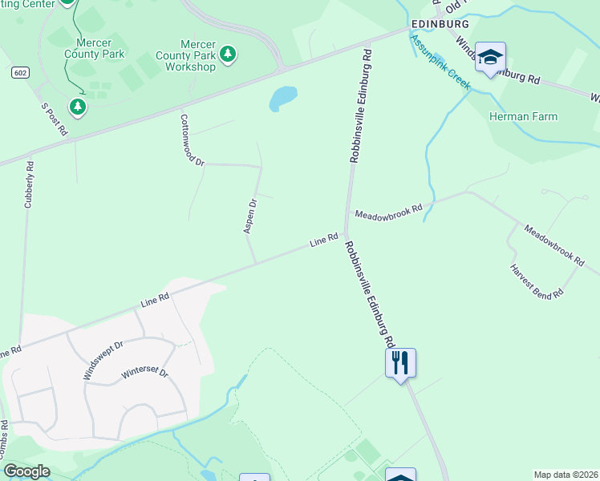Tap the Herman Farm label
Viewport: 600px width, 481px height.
[523, 116]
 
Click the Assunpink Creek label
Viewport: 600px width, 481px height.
[440, 61]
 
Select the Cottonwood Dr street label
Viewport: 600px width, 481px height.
[193, 139]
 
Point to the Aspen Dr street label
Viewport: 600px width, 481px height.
[249, 216]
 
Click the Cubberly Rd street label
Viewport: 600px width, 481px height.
[29, 185]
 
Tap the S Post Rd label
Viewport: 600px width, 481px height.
[54, 118]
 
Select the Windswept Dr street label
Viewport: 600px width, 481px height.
[102, 361]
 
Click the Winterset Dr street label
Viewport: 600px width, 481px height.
[144, 374]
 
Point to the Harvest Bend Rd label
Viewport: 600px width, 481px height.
[537, 281]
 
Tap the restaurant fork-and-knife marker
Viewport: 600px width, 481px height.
[400, 363]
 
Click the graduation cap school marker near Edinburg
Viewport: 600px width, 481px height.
[490, 57]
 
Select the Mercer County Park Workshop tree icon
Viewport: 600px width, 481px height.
[229, 53]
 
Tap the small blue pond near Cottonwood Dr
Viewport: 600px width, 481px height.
[282, 99]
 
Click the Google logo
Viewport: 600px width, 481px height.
[26, 471]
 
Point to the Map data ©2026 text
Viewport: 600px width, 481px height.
[565, 475]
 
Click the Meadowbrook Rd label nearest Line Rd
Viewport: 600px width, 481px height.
[388, 212]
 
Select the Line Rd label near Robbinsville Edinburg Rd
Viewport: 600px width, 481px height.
[324, 240]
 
